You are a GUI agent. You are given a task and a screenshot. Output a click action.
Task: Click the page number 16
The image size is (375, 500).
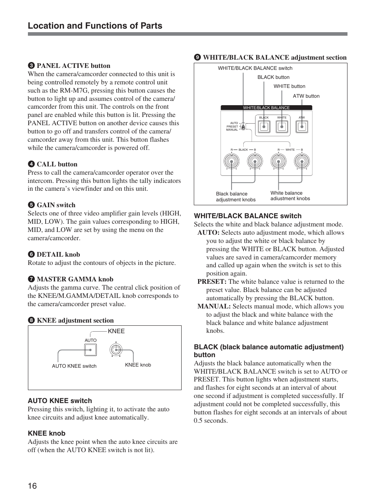(x=32, y=486)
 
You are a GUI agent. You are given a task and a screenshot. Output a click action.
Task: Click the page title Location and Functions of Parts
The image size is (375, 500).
(x=95, y=26)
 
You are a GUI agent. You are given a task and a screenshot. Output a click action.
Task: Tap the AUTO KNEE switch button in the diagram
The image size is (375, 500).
(x=90, y=350)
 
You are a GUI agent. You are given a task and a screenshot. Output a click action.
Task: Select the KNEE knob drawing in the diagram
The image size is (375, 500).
(x=116, y=349)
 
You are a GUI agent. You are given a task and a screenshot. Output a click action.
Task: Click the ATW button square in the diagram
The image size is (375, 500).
(x=301, y=127)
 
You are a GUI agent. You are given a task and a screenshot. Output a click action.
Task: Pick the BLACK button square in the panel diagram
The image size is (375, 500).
(x=264, y=127)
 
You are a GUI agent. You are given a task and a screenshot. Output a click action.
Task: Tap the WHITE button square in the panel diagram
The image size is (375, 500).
(x=282, y=127)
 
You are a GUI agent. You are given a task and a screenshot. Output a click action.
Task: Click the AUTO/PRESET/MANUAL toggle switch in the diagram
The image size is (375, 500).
(x=243, y=127)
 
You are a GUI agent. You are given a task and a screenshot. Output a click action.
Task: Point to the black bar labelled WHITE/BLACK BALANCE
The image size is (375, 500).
(x=266, y=108)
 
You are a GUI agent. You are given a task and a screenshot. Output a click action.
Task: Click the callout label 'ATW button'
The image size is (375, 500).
(x=306, y=96)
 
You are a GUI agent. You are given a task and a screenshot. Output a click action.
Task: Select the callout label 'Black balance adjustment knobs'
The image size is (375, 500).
(x=235, y=197)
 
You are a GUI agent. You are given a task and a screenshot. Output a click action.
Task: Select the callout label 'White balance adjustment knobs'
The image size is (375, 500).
(x=290, y=196)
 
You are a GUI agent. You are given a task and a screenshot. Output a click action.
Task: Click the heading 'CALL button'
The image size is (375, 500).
(x=57, y=164)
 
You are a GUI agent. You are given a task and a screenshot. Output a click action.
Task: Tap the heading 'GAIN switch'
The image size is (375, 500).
(x=56, y=205)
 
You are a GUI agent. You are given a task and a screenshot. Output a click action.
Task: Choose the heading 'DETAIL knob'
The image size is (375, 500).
(x=58, y=254)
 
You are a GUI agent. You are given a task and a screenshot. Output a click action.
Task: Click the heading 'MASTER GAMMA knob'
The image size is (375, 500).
(x=75, y=279)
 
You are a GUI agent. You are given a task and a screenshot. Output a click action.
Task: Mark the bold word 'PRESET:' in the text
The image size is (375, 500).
(x=212, y=282)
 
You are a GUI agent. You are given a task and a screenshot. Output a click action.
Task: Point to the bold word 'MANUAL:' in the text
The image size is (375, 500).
(x=214, y=306)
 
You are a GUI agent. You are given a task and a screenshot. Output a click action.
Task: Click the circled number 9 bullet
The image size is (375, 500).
(x=197, y=58)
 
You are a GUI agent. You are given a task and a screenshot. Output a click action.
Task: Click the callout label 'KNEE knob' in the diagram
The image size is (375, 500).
(x=138, y=365)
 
